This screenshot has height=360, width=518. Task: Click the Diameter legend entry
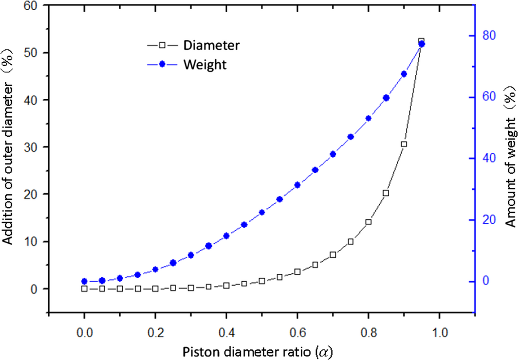click(x=211, y=46)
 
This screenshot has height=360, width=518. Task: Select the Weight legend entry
click(x=205, y=65)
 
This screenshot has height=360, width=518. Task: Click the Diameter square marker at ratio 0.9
click(x=404, y=144)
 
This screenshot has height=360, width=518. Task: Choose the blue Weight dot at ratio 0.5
click(x=262, y=212)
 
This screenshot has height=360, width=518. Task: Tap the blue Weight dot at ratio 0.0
click(x=84, y=281)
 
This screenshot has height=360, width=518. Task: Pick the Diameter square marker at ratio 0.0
click(x=84, y=288)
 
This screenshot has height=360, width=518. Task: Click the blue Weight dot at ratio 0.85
click(x=386, y=98)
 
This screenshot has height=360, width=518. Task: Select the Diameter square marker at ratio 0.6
click(x=297, y=271)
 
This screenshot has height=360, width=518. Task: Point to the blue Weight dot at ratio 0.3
click(x=191, y=255)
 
